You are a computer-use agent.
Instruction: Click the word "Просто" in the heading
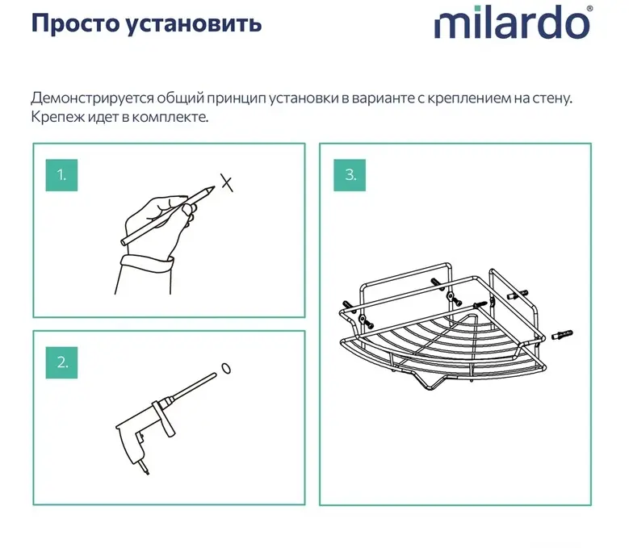pyautogui.click(x=74, y=23)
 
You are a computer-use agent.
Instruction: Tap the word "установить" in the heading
pyautogui.click(x=193, y=23)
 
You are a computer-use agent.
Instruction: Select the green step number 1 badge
pyautogui.click(x=61, y=175)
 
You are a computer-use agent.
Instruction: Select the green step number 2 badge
pyautogui.click(x=61, y=362)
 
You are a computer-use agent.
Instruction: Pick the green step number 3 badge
pyautogui.click(x=350, y=175)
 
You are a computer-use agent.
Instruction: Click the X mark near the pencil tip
pyautogui.click(x=227, y=182)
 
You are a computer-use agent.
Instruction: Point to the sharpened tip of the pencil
pyautogui.click(x=213, y=186)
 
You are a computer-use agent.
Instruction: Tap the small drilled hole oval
pyautogui.click(x=226, y=368)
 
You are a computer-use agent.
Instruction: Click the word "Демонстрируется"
pyautogui.click(x=92, y=98)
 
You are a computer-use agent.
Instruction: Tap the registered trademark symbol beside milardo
pyautogui.click(x=589, y=8)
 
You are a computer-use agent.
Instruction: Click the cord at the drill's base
pyautogui.click(x=145, y=468)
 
